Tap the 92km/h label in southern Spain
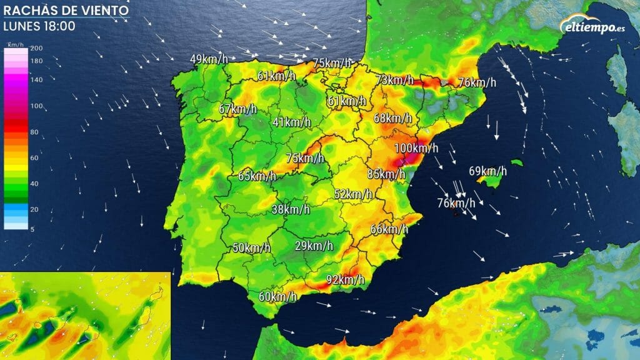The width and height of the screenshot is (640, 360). tap(345, 280)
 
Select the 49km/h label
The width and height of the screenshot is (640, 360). tap(209, 59)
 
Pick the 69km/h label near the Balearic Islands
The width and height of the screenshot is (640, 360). tap(487, 171)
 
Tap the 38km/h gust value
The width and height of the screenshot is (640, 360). tap(291, 209)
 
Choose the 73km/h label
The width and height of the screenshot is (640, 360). tap(395, 79)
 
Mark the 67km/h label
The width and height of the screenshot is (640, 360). tap(237, 109)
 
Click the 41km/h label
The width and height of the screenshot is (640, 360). tap(292, 122)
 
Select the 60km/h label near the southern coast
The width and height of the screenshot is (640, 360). tap(277, 297)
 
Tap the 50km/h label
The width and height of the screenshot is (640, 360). tap(251, 247)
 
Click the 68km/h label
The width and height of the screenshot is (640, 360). tap(392, 118)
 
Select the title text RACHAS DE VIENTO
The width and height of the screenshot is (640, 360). tap(66, 11)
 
